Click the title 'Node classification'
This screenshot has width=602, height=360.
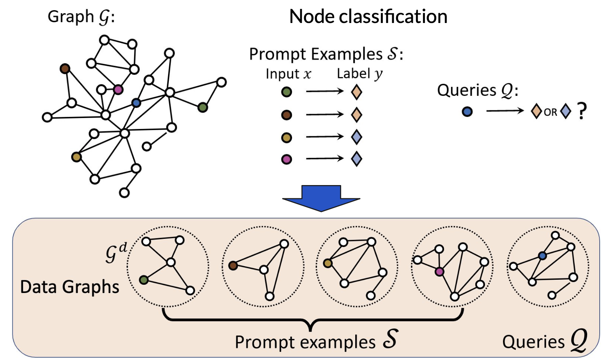[x=368, y=17]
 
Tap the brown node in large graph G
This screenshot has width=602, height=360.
[x=65, y=69]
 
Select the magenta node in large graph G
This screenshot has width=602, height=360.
[x=118, y=90]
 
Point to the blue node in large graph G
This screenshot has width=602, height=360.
[x=136, y=103]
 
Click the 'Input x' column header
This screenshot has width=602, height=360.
[x=288, y=74]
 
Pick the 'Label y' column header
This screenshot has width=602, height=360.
[x=359, y=74]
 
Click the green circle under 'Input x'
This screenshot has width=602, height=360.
[x=287, y=92]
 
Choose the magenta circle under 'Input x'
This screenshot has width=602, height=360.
[x=287, y=159]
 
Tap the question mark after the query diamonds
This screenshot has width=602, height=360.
[x=582, y=111]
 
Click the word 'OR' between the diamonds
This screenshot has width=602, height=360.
[x=550, y=112]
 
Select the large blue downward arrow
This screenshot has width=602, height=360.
[x=321, y=198]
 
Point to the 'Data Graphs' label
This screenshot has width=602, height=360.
[x=69, y=287]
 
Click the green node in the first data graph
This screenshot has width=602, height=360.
[x=144, y=280]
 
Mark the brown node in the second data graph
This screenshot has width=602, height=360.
[x=233, y=266]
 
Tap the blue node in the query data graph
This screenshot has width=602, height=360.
[x=542, y=256]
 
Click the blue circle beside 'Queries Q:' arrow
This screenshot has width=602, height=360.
[x=467, y=112]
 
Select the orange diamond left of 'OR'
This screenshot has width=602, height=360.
[x=536, y=111]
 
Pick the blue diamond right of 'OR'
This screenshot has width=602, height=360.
[x=565, y=111]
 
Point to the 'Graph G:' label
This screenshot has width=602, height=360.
[x=81, y=17]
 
